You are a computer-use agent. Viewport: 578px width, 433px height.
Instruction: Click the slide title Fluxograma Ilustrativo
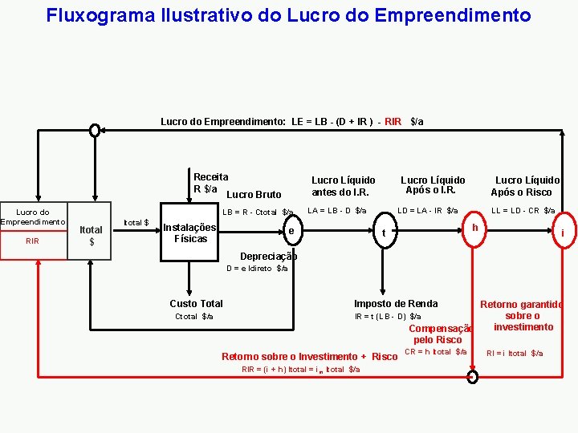[288, 15]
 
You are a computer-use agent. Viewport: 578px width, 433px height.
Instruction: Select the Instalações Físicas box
[189, 233]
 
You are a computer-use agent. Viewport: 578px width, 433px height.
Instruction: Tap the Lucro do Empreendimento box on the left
[33, 216]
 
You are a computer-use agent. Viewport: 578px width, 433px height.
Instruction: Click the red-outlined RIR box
[33, 240]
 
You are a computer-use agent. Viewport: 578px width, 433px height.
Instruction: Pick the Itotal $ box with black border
[91, 235]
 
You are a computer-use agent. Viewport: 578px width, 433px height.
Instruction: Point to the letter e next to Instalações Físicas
[291, 231]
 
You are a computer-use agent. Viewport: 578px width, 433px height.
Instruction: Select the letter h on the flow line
[475, 227]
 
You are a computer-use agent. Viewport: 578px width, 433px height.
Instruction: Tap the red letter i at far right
[563, 233]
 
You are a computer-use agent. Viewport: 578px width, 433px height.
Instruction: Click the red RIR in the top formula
[393, 122]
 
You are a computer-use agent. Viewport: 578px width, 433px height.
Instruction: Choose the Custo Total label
[196, 303]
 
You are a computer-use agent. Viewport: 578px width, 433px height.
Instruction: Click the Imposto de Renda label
[396, 303]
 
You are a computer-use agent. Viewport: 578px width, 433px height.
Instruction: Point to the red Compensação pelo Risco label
[438, 334]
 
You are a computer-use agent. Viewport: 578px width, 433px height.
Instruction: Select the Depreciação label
[268, 257]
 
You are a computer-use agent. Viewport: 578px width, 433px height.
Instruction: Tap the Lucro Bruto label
[254, 194]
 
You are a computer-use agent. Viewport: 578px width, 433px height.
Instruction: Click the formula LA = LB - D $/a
[336, 211]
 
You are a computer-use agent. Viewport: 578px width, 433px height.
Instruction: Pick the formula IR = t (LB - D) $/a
[388, 317]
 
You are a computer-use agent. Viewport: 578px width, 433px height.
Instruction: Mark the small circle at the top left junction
[95, 130]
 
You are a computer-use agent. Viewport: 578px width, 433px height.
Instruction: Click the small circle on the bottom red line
[473, 376]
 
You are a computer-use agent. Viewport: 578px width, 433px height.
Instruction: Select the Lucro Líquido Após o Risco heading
[527, 186]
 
